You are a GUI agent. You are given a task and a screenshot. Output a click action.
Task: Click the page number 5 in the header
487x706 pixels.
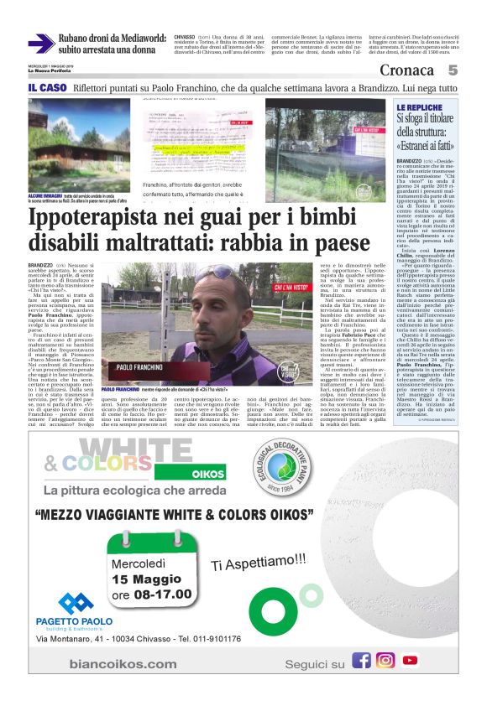tap(452, 70)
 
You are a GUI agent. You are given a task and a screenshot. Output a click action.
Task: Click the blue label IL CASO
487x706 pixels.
tap(46, 88)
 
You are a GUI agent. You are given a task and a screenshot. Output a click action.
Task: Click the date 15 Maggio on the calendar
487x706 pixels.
tap(150, 579)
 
